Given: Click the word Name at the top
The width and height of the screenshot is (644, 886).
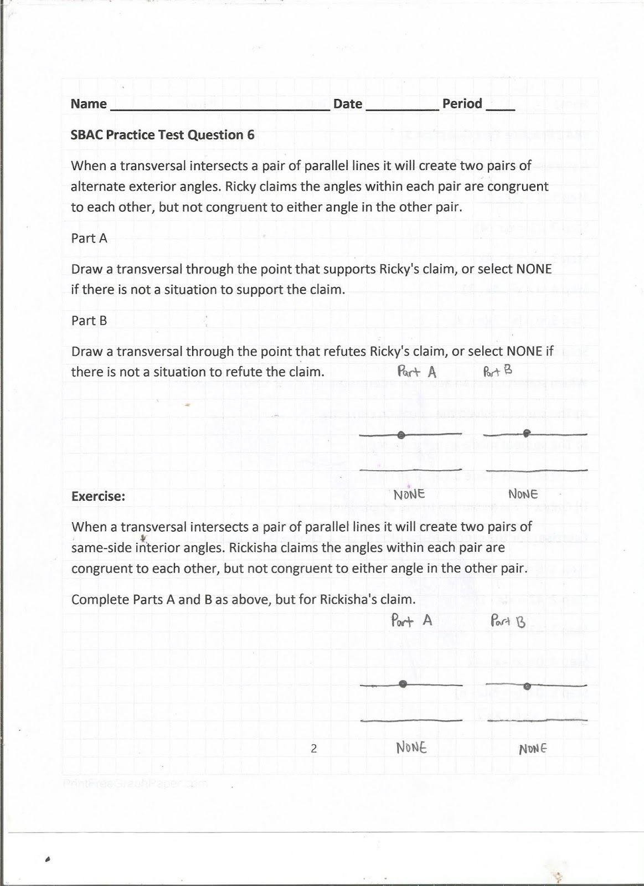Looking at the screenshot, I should click(89, 104).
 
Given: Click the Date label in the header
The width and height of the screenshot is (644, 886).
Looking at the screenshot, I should click(347, 104).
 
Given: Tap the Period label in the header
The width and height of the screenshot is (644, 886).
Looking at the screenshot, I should click(462, 104).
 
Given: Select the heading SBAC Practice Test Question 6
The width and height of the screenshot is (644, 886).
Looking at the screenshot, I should click(162, 135).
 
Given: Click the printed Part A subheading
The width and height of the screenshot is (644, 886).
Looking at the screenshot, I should click(89, 238).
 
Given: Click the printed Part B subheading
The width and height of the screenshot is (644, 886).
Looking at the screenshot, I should click(89, 321).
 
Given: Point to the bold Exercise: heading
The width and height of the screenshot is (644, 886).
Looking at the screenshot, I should click(98, 496).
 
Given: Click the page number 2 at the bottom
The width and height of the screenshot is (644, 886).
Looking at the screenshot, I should click(313, 749).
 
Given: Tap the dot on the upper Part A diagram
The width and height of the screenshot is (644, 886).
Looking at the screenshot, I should click(401, 435).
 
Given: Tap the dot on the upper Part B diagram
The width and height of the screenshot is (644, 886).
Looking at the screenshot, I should click(527, 432).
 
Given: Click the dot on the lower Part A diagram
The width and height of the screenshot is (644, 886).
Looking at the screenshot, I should click(403, 684).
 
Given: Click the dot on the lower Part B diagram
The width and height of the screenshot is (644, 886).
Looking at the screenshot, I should click(527, 687).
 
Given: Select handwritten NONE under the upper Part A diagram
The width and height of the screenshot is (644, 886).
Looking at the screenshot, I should click(409, 494).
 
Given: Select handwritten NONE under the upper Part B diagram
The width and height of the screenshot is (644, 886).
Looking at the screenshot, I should click(523, 493).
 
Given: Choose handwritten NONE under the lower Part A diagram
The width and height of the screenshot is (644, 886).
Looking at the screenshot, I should click(411, 748).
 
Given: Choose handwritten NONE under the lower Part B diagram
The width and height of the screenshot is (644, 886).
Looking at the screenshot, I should click(533, 749).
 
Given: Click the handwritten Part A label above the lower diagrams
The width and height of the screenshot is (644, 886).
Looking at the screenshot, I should click(411, 620).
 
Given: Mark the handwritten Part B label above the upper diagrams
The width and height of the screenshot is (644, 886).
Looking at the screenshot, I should click(497, 371).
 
